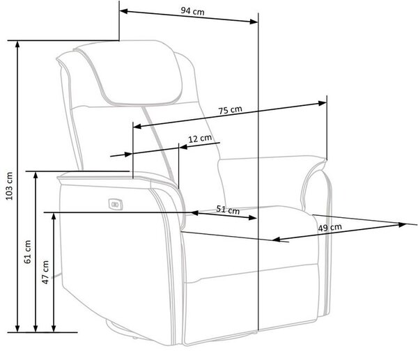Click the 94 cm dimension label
coord(192,11)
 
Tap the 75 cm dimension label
coord(231,110)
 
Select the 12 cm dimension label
coord(200,139)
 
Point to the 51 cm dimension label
coord(228,210)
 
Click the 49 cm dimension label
coord(330,228)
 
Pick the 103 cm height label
coord(9,186)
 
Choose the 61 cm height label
coord(27,252)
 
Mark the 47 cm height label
coord(45,272)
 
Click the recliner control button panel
coord(116,205)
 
